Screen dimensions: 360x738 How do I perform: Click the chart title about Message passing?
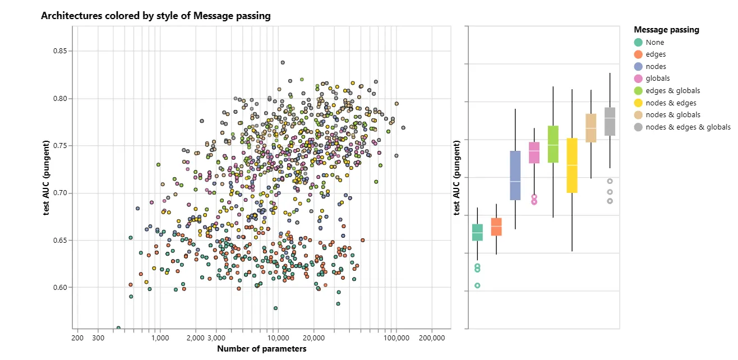(x=155, y=16)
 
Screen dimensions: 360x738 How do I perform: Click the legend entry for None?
(x=654, y=43)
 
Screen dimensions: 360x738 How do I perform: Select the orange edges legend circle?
(x=638, y=54)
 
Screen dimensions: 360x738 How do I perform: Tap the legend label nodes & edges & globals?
(x=688, y=127)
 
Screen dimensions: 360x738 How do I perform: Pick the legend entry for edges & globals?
(x=672, y=91)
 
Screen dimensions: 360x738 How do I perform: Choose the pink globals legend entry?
(x=657, y=79)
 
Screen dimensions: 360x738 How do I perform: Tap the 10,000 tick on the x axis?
(x=277, y=338)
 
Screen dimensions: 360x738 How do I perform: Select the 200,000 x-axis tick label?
(x=432, y=338)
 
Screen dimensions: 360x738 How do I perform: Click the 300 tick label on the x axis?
(x=98, y=338)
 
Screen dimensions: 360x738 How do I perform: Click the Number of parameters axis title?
(x=261, y=349)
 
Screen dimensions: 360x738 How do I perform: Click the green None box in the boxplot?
(x=477, y=232)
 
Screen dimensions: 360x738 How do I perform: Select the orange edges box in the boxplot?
(x=496, y=227)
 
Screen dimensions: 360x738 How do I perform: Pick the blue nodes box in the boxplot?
(x=515, y=175)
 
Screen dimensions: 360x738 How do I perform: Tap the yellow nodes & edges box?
(x=572, y=165)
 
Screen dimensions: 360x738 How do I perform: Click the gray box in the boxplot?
(x=610, y=121)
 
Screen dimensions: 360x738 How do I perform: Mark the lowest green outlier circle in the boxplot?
(x=477, y=285)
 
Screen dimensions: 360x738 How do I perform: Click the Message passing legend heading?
(x=666, y=30)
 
